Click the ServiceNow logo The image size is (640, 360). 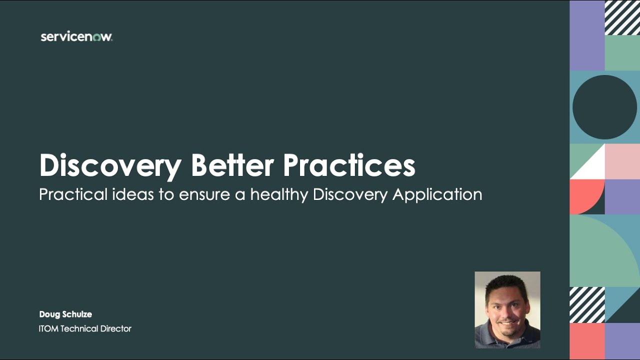click(x=76, y=37)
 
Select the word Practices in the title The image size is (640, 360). click(x=349, y=165)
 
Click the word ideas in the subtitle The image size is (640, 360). click(x=132, y=194)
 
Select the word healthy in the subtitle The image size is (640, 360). click(x=279, y=194)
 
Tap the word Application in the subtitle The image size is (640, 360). click(x=437, y=194)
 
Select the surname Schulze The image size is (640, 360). click(x=77, y=314)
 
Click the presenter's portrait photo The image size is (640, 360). click(x=507, y=310)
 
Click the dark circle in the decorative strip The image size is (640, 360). click(x=605, y=107)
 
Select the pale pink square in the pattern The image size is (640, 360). click(x=622, y=161)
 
